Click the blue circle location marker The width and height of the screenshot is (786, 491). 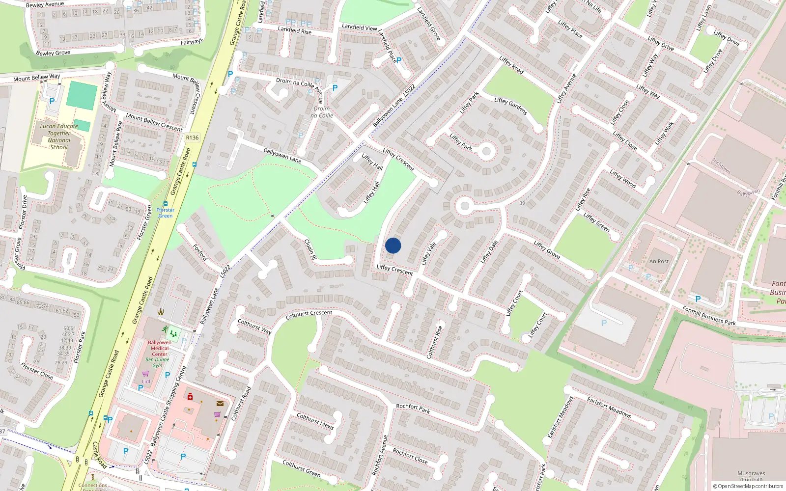(393, 245)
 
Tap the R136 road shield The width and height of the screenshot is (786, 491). (192, 137)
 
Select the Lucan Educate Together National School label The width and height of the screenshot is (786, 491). (59, 136)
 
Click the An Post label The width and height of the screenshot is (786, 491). (659, 261)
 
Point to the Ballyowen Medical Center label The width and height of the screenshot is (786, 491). (159, 348)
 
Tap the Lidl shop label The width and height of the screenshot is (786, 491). (146, 382)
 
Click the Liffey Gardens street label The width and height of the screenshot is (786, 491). (511, 106)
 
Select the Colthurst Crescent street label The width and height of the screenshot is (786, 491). (309, 314)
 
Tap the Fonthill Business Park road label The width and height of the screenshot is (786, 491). (709, 315)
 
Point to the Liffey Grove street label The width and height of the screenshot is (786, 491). (547, 249)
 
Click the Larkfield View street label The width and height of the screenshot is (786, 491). (360, 27)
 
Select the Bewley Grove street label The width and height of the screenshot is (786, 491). (53, 53)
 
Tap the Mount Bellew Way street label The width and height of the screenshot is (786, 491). (36, 78)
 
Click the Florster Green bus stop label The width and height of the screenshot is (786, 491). (166, 213)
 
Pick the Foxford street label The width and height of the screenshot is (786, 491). (200, 252)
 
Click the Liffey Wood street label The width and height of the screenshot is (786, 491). (623, 179)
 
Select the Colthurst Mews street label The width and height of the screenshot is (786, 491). (315, 421)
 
